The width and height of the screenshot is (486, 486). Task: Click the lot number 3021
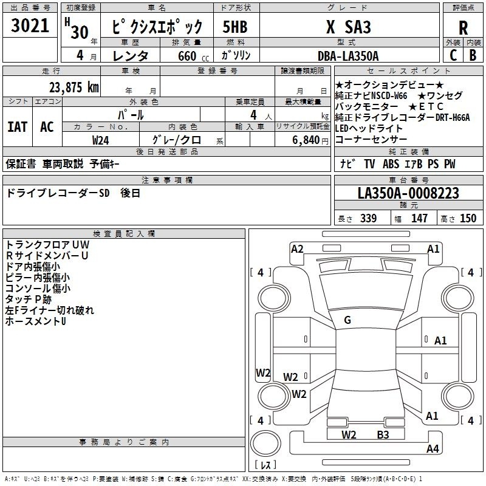point(30,26)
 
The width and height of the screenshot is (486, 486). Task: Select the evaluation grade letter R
point(463,27)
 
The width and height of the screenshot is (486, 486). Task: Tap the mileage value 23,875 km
point(74,87)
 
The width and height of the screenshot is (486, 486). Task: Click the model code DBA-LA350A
point(348,56)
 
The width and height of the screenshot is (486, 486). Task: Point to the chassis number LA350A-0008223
point(408,193)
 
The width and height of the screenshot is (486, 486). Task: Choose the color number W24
point(100,140)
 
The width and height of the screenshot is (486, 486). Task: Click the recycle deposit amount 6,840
point(306,140)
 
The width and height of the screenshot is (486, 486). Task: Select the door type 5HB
point(235,27)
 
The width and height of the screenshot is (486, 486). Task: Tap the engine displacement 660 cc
point(193,56)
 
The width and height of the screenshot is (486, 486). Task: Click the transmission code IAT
point(18,127)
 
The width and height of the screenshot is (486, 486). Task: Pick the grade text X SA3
point(348,27)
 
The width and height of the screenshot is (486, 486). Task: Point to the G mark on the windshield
point(347,320)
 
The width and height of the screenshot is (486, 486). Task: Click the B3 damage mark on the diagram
point(383,434)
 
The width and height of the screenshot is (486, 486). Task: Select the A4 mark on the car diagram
point(433,448)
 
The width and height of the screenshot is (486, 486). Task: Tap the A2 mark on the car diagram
point(297,249)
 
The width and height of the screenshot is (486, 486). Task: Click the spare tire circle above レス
point(265,443)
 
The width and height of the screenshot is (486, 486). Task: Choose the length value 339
point(368,218)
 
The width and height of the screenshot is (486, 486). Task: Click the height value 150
point(468,218)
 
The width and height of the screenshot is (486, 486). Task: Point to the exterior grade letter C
point(453,55)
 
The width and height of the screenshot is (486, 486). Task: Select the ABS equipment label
point(391,163)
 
